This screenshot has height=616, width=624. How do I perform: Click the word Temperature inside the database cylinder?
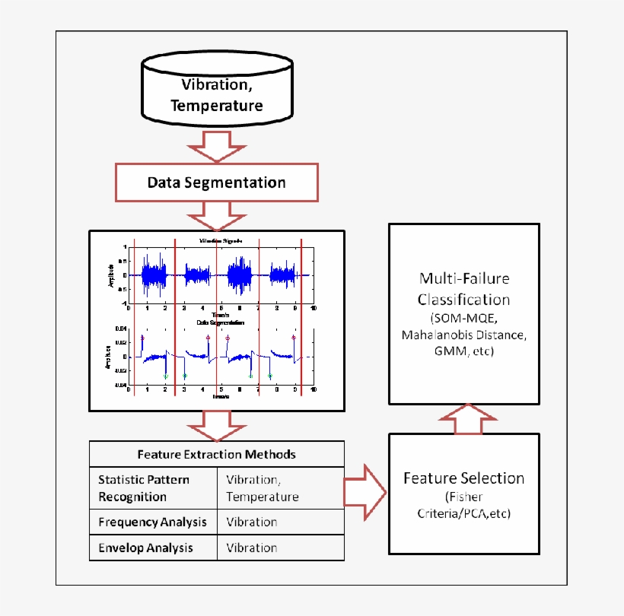217,105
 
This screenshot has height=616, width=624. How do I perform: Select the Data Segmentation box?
216,183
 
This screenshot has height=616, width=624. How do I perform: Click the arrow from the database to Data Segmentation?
217,144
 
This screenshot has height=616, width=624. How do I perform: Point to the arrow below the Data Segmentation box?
217,215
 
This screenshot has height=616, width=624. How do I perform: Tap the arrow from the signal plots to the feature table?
217,425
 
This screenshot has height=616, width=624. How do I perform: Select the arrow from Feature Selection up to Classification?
464,419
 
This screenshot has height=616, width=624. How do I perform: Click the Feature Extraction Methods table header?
217,454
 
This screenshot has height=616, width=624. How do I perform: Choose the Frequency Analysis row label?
152,522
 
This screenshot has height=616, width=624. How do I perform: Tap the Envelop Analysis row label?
146,548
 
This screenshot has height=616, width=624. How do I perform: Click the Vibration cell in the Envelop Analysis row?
252,548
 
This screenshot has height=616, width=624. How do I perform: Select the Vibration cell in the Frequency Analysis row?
252,522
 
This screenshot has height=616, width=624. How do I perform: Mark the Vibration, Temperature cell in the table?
263,488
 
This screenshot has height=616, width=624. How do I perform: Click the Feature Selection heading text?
463,478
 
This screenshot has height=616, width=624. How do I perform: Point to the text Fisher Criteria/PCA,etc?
463,506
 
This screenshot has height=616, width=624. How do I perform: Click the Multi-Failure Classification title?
464,288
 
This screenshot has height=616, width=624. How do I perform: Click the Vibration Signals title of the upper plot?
221,240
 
